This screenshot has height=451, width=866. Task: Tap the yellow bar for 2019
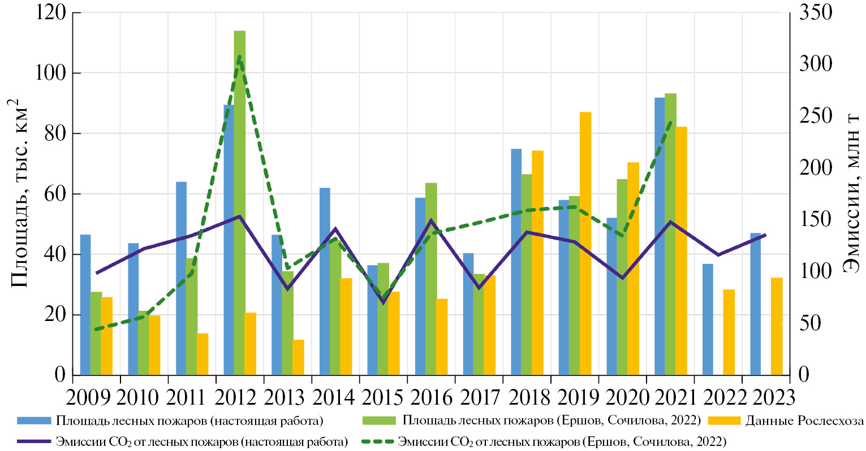(x=585, y=243)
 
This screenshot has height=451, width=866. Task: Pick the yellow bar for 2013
(x=298, y=357)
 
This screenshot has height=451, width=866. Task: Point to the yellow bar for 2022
(x=729, y=332)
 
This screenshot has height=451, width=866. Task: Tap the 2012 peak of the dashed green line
(x=239, y=57)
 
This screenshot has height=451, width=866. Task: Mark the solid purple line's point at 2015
(x=383, y=302)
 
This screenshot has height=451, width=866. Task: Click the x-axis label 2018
(x=529, y=397)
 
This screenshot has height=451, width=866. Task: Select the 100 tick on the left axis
(x=50, y=73)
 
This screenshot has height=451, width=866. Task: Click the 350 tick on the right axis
(x=816, y=12)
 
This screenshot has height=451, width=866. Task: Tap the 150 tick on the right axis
(x=816, y=220)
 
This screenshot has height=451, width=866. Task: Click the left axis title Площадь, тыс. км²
(x=19, y=192)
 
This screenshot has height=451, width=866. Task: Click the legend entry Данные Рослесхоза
(x=804, y=421)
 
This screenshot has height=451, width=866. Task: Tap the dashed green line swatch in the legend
(x=377, y=441)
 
